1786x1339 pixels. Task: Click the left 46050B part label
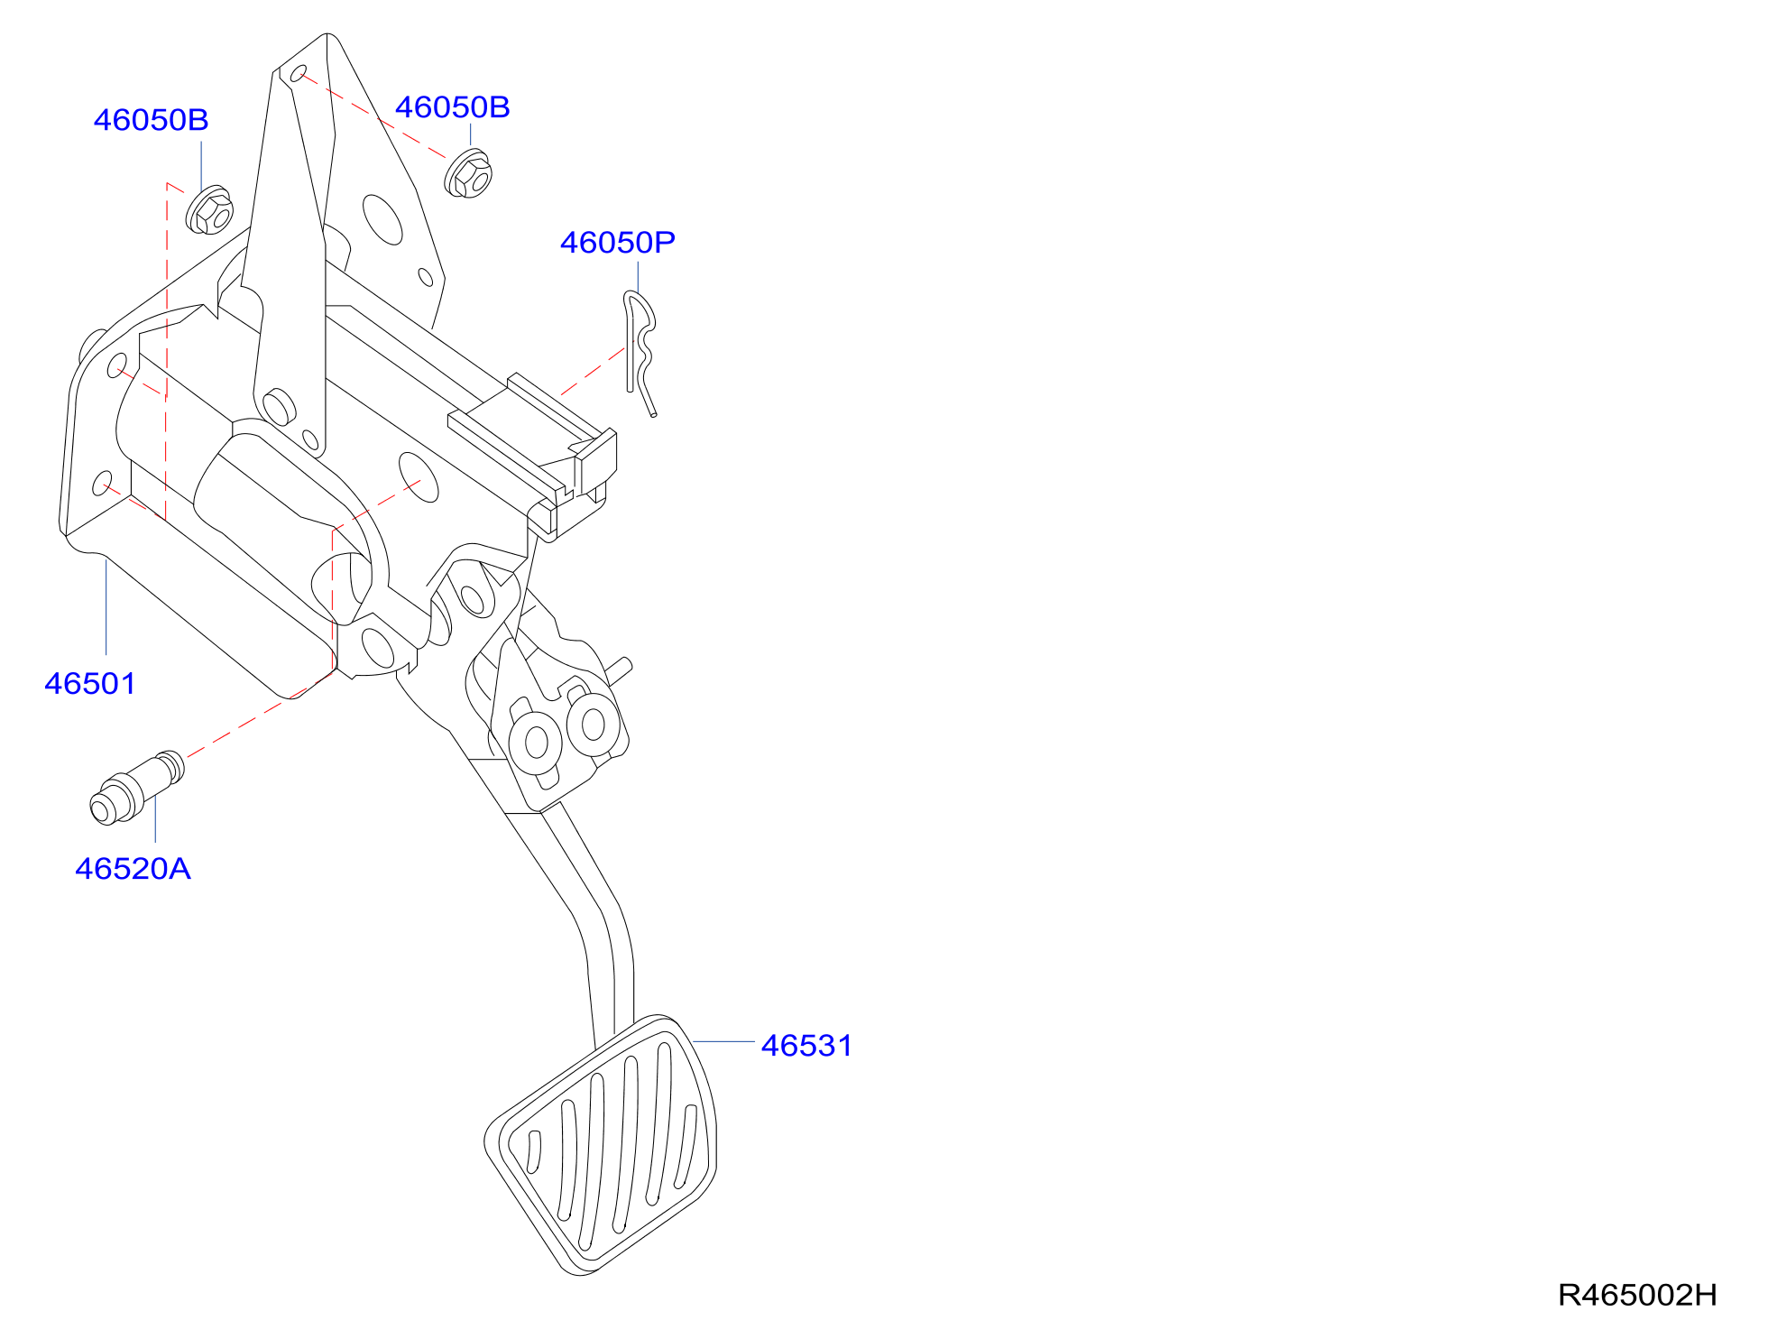(x=152, y=120)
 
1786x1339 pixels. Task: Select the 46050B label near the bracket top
(x=453, y=107)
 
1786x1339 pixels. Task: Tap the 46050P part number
(x=618, y=243)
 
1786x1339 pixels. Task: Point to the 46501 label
(x=90, y=684)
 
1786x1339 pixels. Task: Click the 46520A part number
(x=133, y=869)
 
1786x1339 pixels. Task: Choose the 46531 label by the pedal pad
(x=807, y=1046)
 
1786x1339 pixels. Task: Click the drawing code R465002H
(x=1637, y=1296)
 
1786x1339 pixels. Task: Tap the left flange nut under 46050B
(x=209, y=210)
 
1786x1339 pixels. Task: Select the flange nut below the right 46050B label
(x=468, y=173)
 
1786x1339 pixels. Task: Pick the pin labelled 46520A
(x=137, y=788)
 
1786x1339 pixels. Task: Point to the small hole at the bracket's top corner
(x=298, y=73)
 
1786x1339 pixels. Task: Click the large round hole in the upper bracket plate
(x=382, y=219)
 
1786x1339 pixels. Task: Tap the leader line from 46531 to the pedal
(x=723, y=1042)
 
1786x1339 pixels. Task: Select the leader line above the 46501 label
(x=106, y=606)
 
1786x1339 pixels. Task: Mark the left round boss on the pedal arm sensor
(x=536, y=743)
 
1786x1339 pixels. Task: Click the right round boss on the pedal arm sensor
(x=594, y=724)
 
